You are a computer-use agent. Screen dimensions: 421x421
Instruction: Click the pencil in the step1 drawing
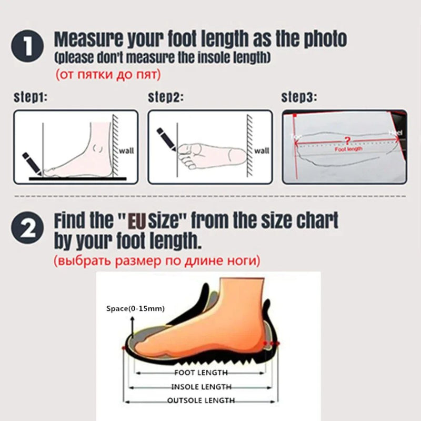30,162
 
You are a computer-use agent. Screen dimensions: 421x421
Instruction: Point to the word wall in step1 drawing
126,151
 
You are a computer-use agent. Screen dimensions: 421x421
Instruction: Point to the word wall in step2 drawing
262,151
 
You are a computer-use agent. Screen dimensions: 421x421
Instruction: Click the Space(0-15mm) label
135,308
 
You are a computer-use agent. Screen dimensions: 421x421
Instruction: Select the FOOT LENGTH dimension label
201,373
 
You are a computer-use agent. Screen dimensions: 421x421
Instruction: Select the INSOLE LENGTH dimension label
201,387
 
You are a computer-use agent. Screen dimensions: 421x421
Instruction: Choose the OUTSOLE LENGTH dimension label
201,400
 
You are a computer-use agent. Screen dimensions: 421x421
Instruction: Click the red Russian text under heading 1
108,75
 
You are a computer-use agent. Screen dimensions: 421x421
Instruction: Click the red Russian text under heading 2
156,260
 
